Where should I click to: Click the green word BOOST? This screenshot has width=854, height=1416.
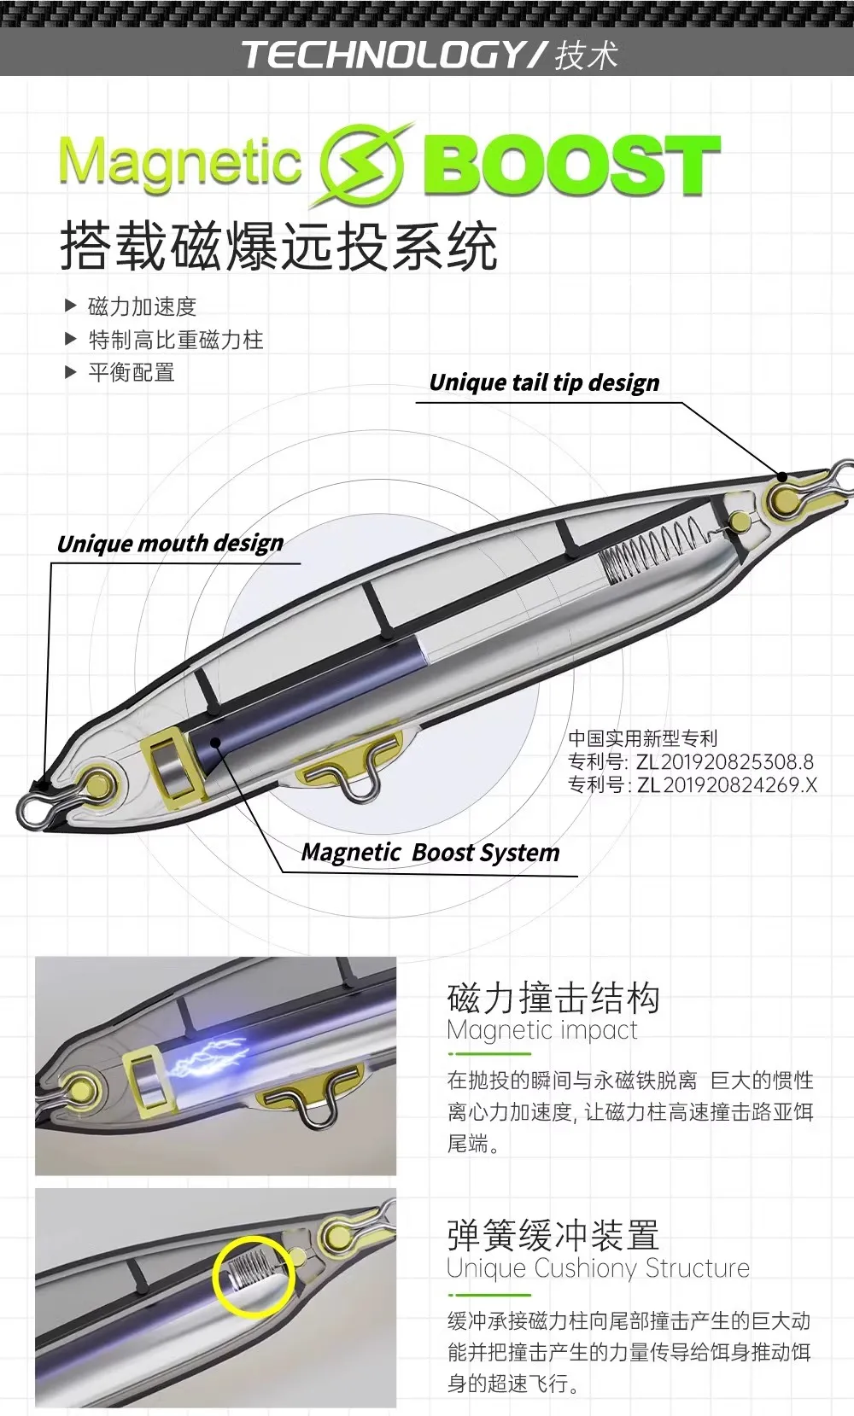[571, 166]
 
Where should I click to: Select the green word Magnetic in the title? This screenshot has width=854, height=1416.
[180, 162]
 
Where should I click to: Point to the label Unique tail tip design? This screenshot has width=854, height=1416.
[544, 382]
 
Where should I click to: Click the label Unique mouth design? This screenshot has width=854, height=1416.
[170, 543]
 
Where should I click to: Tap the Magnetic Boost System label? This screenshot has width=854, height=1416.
[430, 852]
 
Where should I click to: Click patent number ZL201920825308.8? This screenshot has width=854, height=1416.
[725, 761]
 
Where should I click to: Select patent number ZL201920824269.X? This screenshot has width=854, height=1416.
[726, 785]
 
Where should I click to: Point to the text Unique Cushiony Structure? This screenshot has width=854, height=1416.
[598, 1268]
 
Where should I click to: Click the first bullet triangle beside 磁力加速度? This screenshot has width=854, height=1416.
[71, 306]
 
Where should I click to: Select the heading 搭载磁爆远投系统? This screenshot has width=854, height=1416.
[278, 247]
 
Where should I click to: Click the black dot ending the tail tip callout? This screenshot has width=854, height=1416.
[782, 476]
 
